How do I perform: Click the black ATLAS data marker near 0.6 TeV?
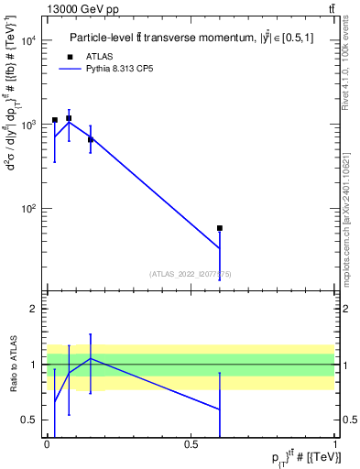(220, 228)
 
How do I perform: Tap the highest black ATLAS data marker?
(69, 118)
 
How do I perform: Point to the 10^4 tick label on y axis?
(29, 40)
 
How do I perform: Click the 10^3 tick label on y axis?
(29, 125)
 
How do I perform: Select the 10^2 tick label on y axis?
(29, 209)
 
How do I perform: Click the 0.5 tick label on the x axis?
(191, 445)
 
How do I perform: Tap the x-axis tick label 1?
(335, 445)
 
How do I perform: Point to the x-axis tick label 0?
(47, 445)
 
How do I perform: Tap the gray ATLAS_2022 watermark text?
(191, 273)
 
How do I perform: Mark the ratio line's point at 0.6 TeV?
(220, 409)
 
